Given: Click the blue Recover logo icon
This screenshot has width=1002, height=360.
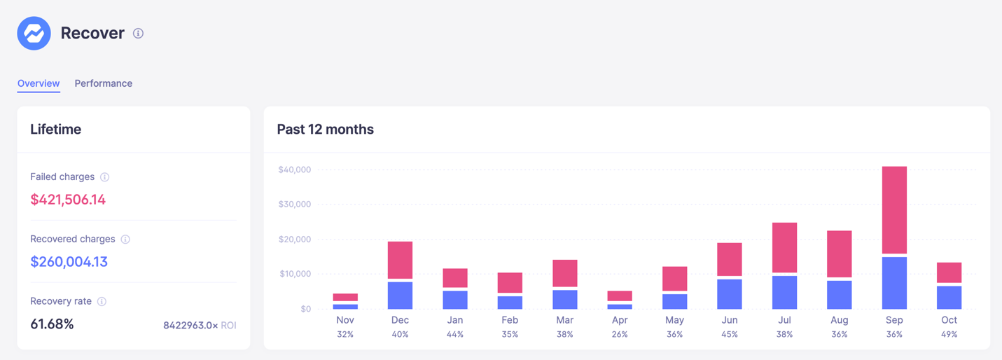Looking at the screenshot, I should click(34, 33).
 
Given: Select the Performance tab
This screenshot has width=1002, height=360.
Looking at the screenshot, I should click(104, 83).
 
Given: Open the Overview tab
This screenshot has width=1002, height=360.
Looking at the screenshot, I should click(39, 83).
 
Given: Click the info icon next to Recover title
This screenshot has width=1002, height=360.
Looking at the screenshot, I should click(139, 34).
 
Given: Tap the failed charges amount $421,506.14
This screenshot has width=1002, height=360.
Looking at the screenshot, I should click(68, 200).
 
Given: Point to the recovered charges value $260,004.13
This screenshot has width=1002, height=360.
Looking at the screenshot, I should click(69, 262).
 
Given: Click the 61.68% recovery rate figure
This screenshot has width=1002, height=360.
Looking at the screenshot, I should click(52, 324).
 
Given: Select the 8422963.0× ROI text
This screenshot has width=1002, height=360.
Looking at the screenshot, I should click(200, 326).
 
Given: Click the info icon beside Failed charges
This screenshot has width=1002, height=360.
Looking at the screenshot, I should click(105, 177).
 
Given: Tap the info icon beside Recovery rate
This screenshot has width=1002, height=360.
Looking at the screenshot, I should click(102, 302).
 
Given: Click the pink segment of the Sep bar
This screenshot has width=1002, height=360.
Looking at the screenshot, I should click(894, 209).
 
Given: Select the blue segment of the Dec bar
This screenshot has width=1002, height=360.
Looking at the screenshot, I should click(400, 296).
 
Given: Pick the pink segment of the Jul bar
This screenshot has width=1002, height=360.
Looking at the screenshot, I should click(784, 247).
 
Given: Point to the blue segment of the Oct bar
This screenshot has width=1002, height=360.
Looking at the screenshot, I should click(949, 298).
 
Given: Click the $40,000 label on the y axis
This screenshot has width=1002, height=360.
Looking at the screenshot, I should click(294, 169).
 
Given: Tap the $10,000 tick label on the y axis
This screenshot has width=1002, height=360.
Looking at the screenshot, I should click(294, 274).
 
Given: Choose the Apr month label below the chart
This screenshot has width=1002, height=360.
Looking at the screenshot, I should click(620, 320).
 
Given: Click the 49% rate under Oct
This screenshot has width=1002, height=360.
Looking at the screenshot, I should click(949, 335).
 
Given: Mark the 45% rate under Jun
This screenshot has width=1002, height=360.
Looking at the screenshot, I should click(729, 335).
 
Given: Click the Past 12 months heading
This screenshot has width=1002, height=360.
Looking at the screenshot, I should click(325, 130).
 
